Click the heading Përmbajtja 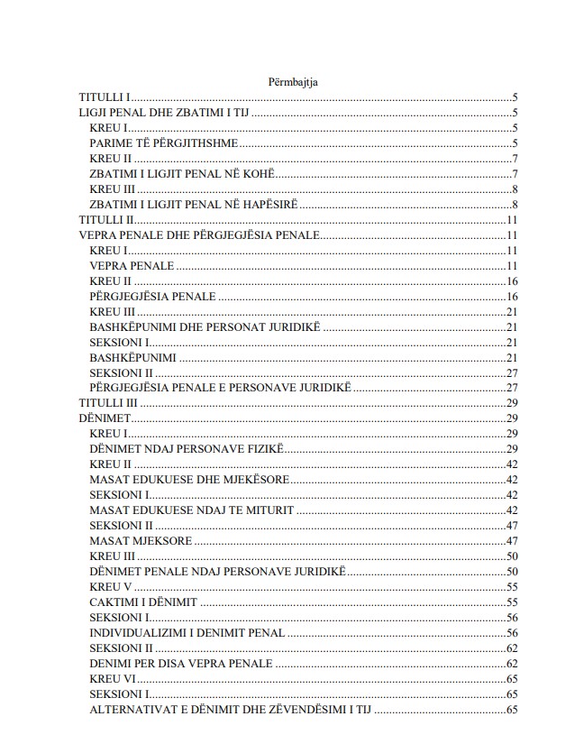pyautogui.click(x=292, y=82)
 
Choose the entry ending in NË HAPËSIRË pyautogui.click(x=194, y=205)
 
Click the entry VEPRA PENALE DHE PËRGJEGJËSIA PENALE pyautogui.click(x=199, y=235)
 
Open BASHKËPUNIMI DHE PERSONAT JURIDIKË pyautogui.click(x=205, y=326)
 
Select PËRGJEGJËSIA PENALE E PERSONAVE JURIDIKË pyautogui.click(x=220, y=388)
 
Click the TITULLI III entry pyautogui.click(x=108, y=403)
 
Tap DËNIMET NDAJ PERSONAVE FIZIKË pyautogui.click(x=187, y=448)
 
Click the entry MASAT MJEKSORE pyautogui.click(x=141, y=540)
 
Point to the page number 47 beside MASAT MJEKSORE pyautogui.click(x=512, y=540)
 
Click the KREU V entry pyautogui.click(x=111, y=586)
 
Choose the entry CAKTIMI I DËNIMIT pyautogui.click(x=143, y=602)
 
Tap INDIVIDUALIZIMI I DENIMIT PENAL pyautogui.click(x=187, y=632)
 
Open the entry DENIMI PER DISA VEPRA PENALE pyautogui.click(x=180, y=663)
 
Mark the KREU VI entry pyautogui.click(x=113, y=678)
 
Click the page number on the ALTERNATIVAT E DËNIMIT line pyautogui.click(x=512, y=709)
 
